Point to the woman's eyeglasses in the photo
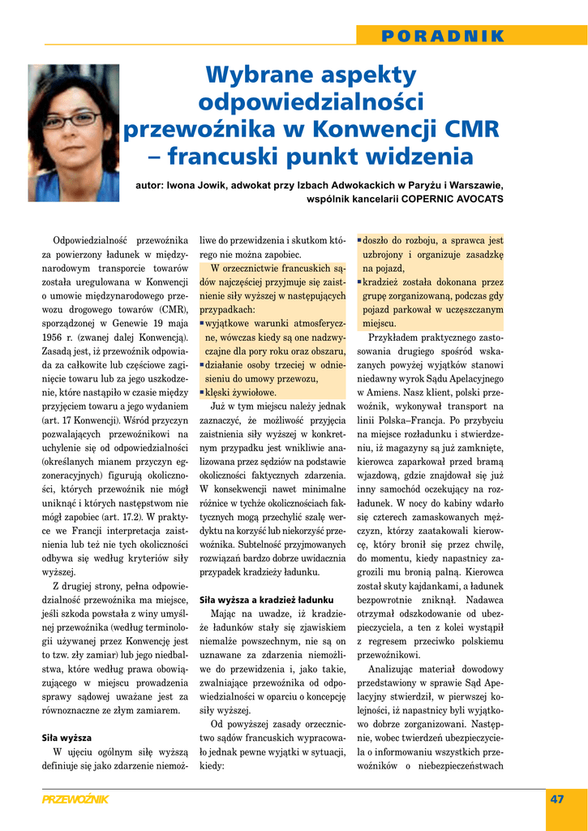click(75, 119)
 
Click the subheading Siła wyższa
click(67, 738)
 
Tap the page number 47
click(556, 799)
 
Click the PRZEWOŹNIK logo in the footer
click(75, 799)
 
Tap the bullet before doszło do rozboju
click(359, 240)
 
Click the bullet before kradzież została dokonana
click(359, 282)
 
